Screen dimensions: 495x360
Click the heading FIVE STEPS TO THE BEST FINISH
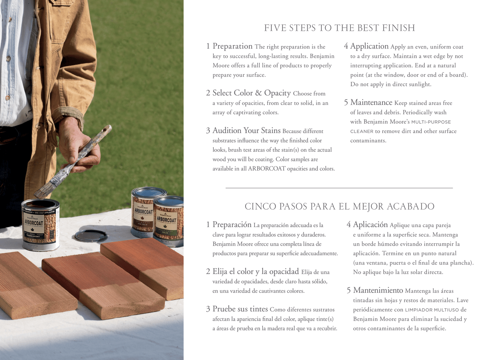339,28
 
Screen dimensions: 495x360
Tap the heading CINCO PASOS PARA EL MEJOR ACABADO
339,207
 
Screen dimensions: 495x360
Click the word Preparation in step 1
233,46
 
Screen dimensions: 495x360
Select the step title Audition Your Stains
246,131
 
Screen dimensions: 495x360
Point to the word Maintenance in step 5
371,102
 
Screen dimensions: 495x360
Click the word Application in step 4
369,46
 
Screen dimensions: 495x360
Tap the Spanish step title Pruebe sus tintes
240,309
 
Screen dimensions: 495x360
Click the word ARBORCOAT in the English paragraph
267,169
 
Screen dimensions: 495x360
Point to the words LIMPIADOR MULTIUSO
432,310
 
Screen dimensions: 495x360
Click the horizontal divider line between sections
339,188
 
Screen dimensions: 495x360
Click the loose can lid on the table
91,236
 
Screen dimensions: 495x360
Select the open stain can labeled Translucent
41,225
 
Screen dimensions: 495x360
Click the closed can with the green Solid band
169,221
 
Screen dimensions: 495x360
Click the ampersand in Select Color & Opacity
258,93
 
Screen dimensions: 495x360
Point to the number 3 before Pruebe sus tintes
208,309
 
